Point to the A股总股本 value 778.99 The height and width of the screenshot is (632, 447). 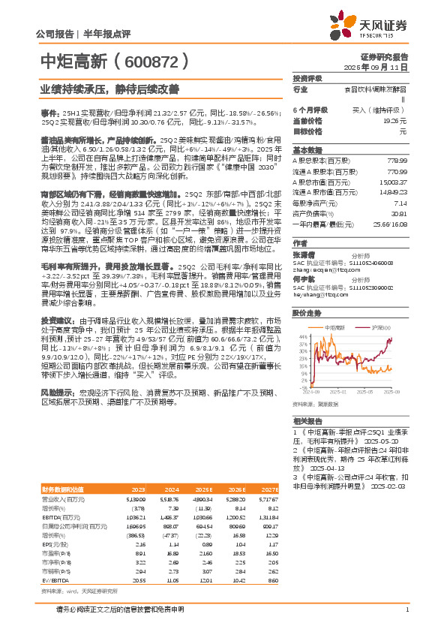pos(397,161)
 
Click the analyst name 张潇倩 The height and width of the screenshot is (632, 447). pos(304,254)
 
